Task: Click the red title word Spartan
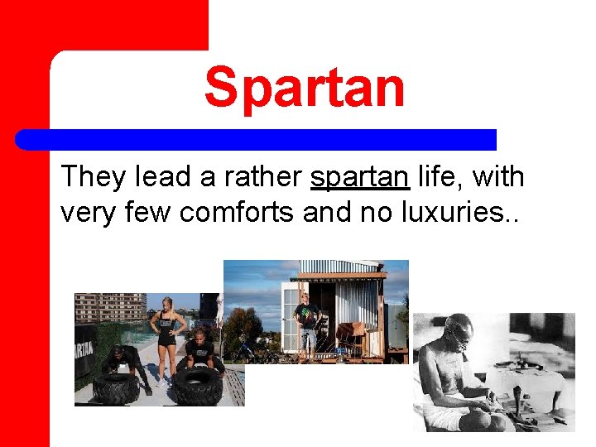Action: [305, 88]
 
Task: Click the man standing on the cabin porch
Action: [307, 322]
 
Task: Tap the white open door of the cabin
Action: [291, 319]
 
